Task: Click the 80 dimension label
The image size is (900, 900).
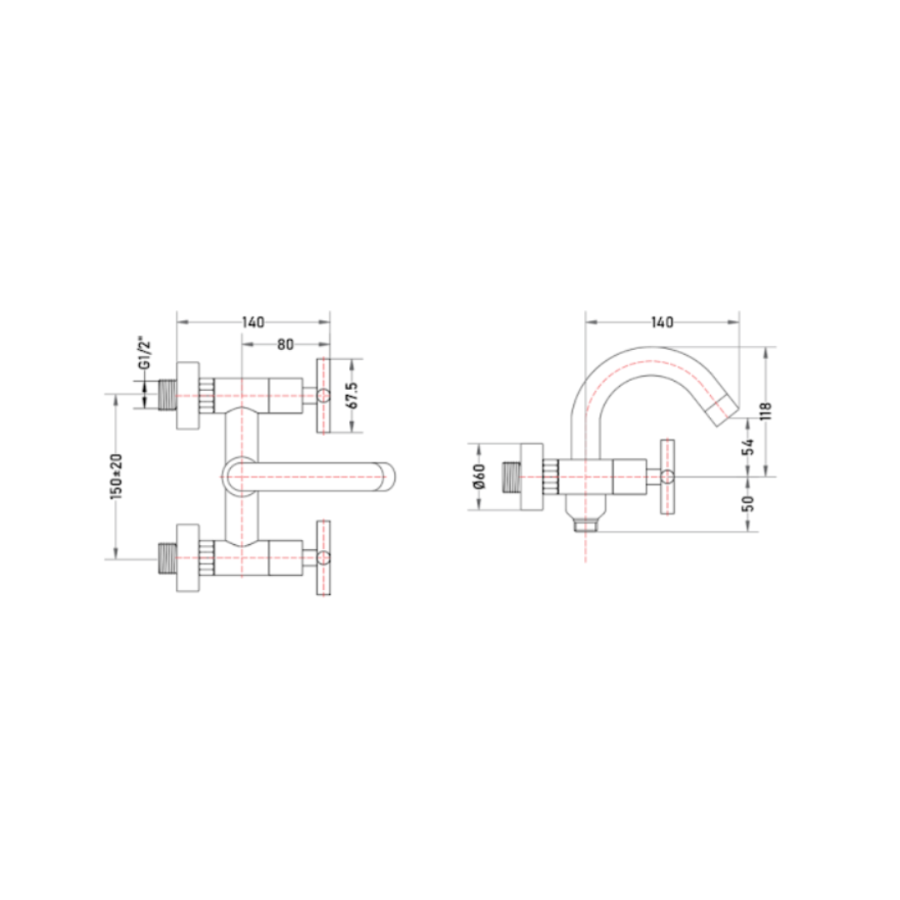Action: tap(285, 344)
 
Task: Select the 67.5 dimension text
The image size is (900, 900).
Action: tap(353, 396)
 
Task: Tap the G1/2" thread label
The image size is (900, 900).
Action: tap(146, 355)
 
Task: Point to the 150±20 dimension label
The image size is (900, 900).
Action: tap(117, 476)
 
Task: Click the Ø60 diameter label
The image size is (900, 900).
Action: tap(481, 477)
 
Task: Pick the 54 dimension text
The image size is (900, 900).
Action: tap(747, 447)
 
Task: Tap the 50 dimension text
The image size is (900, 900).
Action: tap(747, 503)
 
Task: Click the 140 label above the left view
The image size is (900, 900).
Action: tap(253, 322)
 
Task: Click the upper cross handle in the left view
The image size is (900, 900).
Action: tap(323, 396)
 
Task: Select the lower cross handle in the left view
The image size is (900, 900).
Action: tap(323, 557)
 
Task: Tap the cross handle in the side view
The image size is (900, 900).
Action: tap(667, 477)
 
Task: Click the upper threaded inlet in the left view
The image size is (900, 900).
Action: tap(167, 395)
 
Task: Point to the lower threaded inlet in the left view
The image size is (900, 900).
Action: tap(167, 557)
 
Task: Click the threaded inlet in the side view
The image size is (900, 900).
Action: tap(512, 477)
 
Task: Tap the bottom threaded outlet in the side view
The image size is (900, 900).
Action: tap(586, 525)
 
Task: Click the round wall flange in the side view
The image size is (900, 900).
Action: tap(532, 477)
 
